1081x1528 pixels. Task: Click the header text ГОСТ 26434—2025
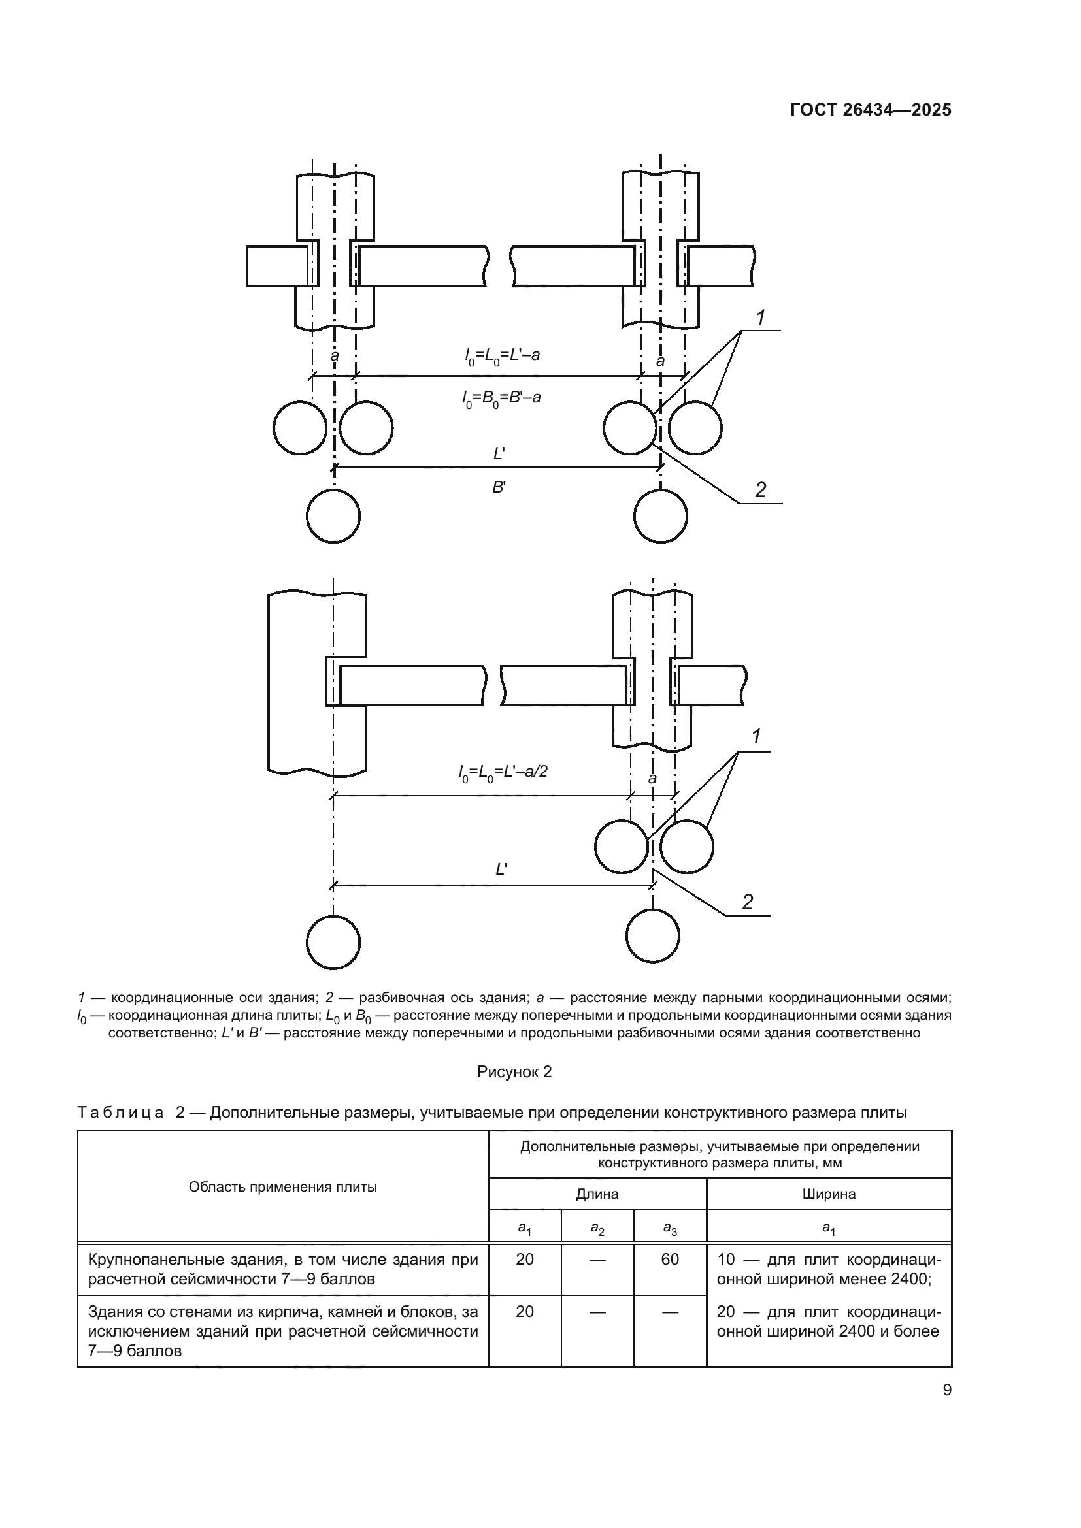870,110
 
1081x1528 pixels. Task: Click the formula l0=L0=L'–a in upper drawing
502,355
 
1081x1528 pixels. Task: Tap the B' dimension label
499,487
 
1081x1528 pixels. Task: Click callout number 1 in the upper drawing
761,318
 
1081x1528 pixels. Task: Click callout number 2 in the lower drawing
748,902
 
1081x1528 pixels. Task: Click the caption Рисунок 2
514,1072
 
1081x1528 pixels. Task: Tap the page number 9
946,1390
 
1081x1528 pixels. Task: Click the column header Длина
597,1194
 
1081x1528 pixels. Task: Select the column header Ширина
829,1194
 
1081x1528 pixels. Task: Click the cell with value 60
670,1259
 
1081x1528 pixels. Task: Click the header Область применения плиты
283,1186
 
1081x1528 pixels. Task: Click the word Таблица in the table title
120,1113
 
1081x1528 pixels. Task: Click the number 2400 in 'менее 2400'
909,1278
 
